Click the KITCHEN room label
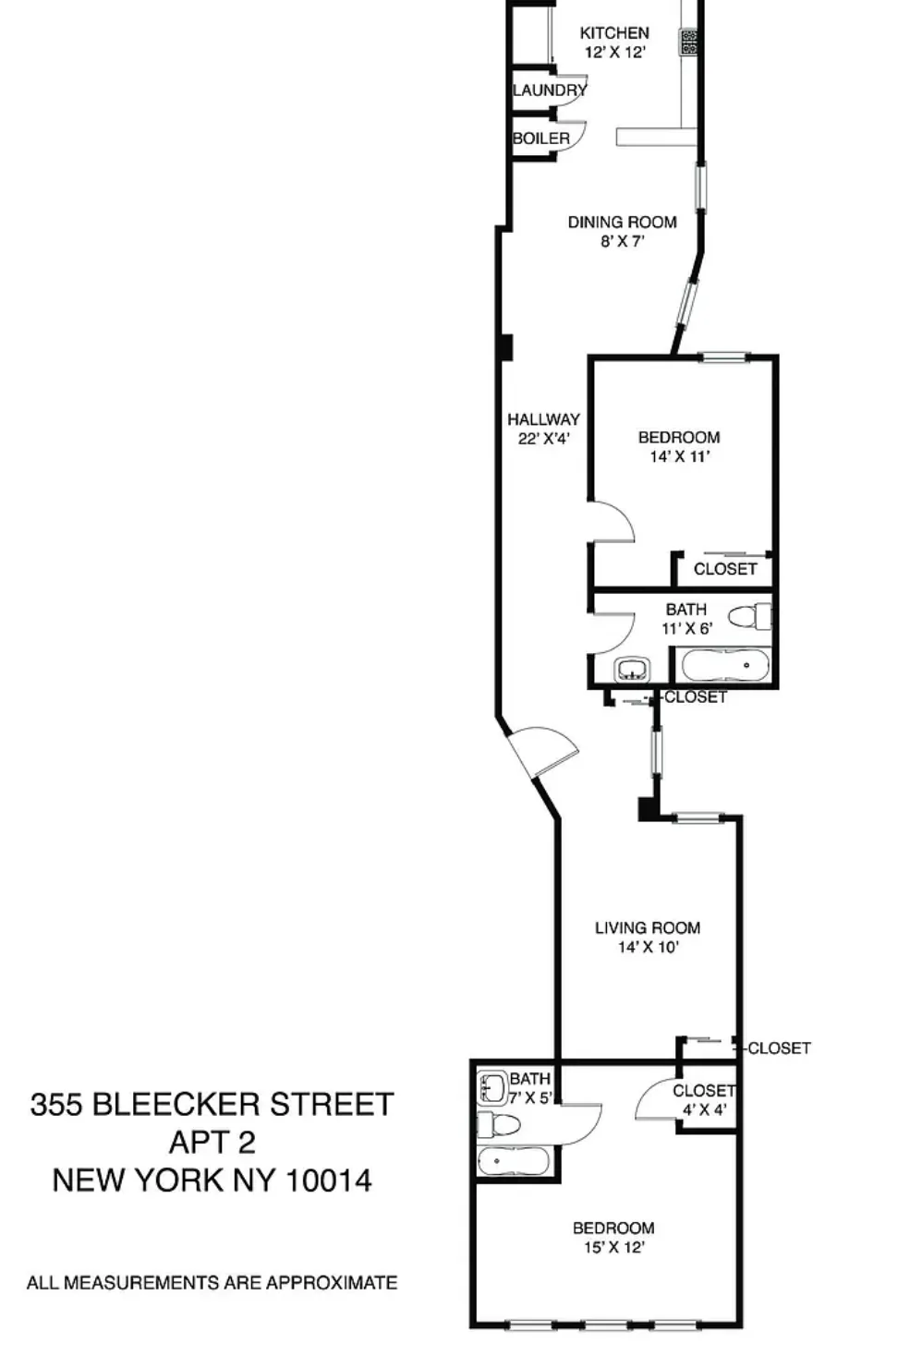pos(614,32)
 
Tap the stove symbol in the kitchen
pos(689,42)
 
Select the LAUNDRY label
pos(549,91)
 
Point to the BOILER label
pos(541,139)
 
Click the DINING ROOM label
pos(622,222)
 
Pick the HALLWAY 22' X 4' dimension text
pos(543,439)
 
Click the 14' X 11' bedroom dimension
pos(679,456)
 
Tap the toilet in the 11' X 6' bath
pos(749,616)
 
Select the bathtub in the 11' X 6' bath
pos(724,665)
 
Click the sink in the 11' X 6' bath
pos(633,668)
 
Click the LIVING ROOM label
pos(647,927)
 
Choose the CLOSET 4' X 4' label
pos(704,1100)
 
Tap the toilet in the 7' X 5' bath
pos(497,1125)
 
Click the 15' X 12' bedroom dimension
pos(613,1247)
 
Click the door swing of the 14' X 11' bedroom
pos(612,522)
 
